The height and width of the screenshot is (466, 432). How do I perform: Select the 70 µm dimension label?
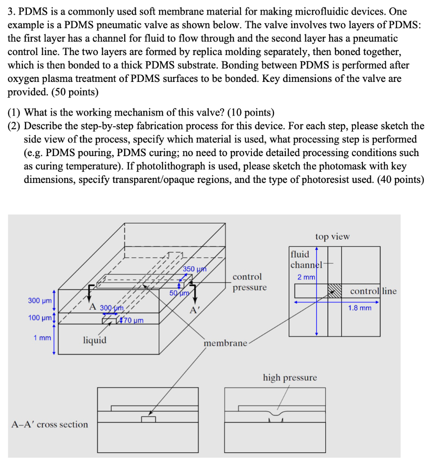133,321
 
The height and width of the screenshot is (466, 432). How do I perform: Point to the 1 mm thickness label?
41,338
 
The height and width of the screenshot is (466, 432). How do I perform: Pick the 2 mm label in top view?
306,277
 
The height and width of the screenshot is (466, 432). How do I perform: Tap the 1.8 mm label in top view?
359,308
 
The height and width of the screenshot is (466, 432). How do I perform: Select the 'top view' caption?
332,236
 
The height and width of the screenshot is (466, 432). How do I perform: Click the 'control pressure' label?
249,282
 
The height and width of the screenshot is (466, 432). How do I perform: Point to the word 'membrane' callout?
226,343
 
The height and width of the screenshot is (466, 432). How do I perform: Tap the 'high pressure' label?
290,378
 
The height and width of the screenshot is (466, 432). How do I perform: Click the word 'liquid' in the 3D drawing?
95,340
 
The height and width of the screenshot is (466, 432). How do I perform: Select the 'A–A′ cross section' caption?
50,425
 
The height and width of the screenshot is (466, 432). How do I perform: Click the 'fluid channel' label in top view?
305,259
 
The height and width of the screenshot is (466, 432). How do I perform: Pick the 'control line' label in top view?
373,291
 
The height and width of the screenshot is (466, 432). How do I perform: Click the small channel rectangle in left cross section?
148,419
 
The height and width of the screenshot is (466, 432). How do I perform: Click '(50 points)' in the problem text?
75,92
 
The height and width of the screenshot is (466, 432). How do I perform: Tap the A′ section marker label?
195,311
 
